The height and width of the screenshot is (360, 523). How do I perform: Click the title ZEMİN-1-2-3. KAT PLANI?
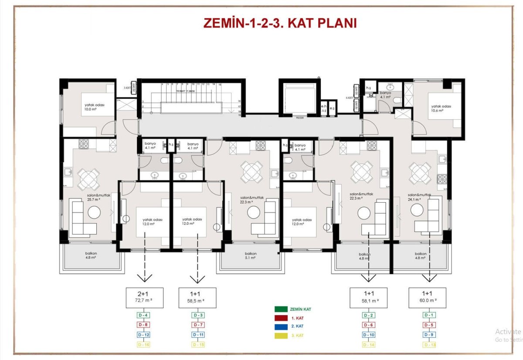pyautogui.click(x=280, y=23)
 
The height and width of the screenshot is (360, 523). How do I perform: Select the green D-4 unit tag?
pyautogui.click(x=144, y=315)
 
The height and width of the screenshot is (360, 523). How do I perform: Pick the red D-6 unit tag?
pyautogui.click(x=369, y=325)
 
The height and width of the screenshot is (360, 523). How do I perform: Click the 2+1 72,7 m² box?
pyautogui.click(x=144, y=297)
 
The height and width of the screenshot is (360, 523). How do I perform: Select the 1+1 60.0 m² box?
pyautogui.click(x=427, y=297)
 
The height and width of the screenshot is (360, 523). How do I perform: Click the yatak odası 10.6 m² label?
pyautogui.click(x=441, y=109)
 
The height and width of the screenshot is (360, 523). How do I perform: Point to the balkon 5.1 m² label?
pyautogui.click(x=250, y=255)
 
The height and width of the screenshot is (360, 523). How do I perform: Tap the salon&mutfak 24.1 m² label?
pyautogui.click(x=419, y=197)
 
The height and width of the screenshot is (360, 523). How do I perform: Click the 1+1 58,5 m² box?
pyautogui.click(x=197, y=297)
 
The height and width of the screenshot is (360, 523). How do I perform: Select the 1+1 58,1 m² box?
pyautogui.click(x=369, y=297)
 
